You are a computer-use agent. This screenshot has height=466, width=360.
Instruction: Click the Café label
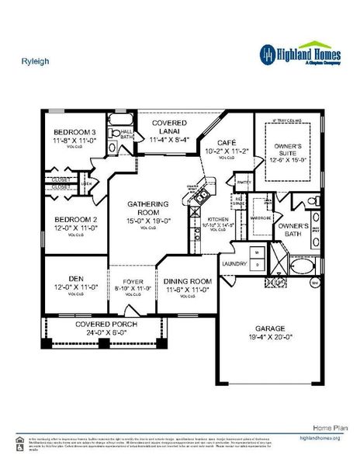[x=226, y=144]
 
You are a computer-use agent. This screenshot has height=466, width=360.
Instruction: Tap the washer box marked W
[x=255, y=252]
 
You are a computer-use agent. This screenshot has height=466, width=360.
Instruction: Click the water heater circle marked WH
[x=315, y=283]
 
